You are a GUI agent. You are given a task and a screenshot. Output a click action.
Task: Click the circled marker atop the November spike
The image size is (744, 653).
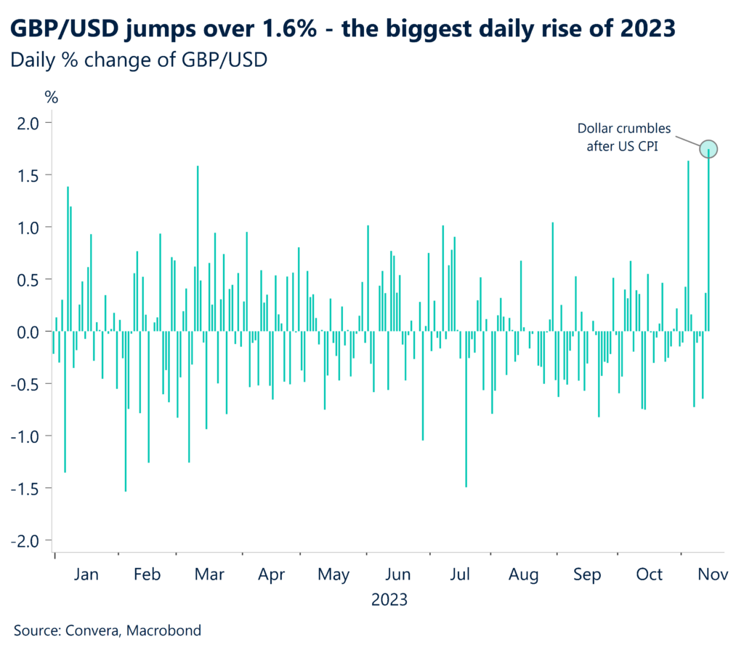(x=709, y=149)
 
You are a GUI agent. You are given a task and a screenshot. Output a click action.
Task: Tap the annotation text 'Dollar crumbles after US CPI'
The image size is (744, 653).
(x=624, y=140)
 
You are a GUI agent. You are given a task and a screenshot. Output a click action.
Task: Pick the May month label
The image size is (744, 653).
(x=334, y=574)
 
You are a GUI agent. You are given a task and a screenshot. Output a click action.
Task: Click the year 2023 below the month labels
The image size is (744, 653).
(x=389, y=601)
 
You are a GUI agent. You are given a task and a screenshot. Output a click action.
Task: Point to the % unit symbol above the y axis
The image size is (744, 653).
(x=51, y=97)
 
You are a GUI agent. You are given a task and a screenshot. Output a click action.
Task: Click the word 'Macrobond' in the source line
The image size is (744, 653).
(x=164, y=630)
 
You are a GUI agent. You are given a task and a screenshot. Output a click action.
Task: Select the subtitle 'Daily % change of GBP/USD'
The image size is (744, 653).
(x=139, y=61)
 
